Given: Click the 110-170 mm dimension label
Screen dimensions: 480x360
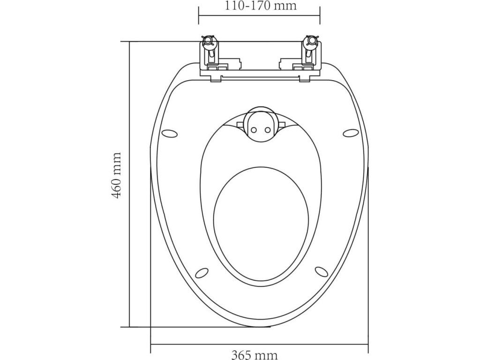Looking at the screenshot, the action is tap(261, 6).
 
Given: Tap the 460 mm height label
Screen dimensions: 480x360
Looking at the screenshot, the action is tap(117, 175).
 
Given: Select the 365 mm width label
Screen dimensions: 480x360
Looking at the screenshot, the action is tap(254, 355).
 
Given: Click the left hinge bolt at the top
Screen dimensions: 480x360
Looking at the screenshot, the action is tap(209, 41).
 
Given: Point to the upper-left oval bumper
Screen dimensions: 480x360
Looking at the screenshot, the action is tap(169, 134).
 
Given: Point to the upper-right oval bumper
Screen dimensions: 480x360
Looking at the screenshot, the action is tap(350, 134).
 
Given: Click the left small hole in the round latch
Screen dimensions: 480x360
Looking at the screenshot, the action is tap(254, 130).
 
